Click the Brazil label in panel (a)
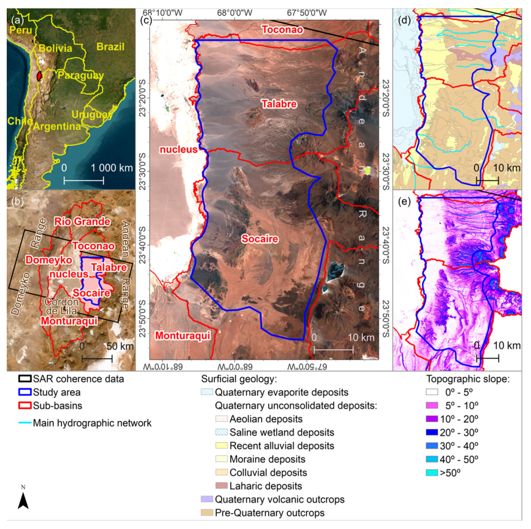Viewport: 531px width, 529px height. tap(110, 47)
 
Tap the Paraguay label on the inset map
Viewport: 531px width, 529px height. tap(80, 75)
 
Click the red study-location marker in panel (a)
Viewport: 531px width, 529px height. tap(40, 76)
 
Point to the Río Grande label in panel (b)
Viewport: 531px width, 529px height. tap(82, 221)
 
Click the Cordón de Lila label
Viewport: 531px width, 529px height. tap(61, 307)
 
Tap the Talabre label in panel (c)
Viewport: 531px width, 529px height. tap(279, 104)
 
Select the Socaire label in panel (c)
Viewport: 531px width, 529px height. tap(260, 239)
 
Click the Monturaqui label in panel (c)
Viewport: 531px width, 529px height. tap(183, 335)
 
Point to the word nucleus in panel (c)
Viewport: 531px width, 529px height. tap(179, 149)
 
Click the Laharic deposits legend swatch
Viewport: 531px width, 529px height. tap(221, 486)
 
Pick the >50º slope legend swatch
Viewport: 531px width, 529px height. tap(432, 472)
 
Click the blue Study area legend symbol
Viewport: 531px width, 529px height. tap(24, 392)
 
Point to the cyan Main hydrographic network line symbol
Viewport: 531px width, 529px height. tap(24, 423)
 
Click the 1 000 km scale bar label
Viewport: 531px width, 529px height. tap(111, 168)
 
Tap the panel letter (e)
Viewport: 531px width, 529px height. tap(404, 202)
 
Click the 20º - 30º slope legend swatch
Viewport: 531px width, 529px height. tap(432, 432)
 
